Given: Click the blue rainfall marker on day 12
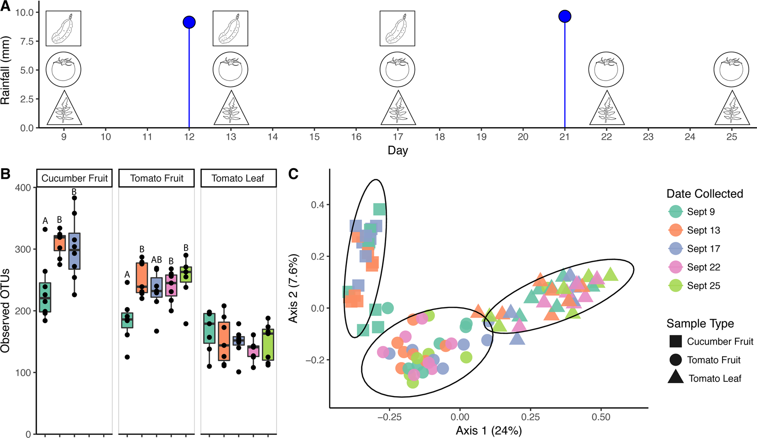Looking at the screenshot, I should [x=189, y=22].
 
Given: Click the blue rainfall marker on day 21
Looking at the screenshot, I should [x=565, y=17].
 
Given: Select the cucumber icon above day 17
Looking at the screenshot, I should [x=397, y=29].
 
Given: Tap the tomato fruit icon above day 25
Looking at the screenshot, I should [x=731, y=70].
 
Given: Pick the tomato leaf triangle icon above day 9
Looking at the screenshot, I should [x=64, y=109].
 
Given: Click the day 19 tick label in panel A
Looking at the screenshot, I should [x=481, y=137].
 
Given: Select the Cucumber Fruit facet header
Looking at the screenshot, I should [x=75, y=178].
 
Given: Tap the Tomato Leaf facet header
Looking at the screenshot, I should [x=238, y=178].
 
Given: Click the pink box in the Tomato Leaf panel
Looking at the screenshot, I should [x=253, y=350].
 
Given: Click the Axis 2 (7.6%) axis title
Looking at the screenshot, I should [x=293, y=288].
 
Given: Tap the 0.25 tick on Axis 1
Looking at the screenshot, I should [x=531, y=417].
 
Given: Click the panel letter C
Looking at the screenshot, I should [x=293, y=174].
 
